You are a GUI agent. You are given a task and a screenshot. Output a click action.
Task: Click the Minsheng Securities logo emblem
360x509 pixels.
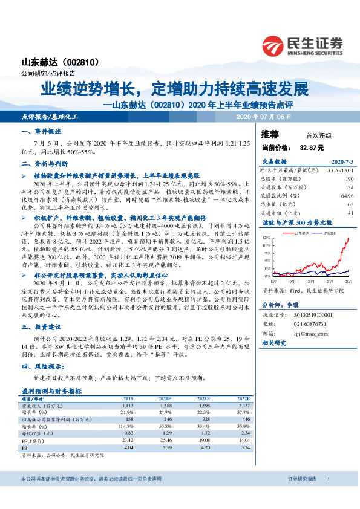tap(273, 45)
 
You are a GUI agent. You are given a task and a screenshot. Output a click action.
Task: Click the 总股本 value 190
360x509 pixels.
tap(349, 179)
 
